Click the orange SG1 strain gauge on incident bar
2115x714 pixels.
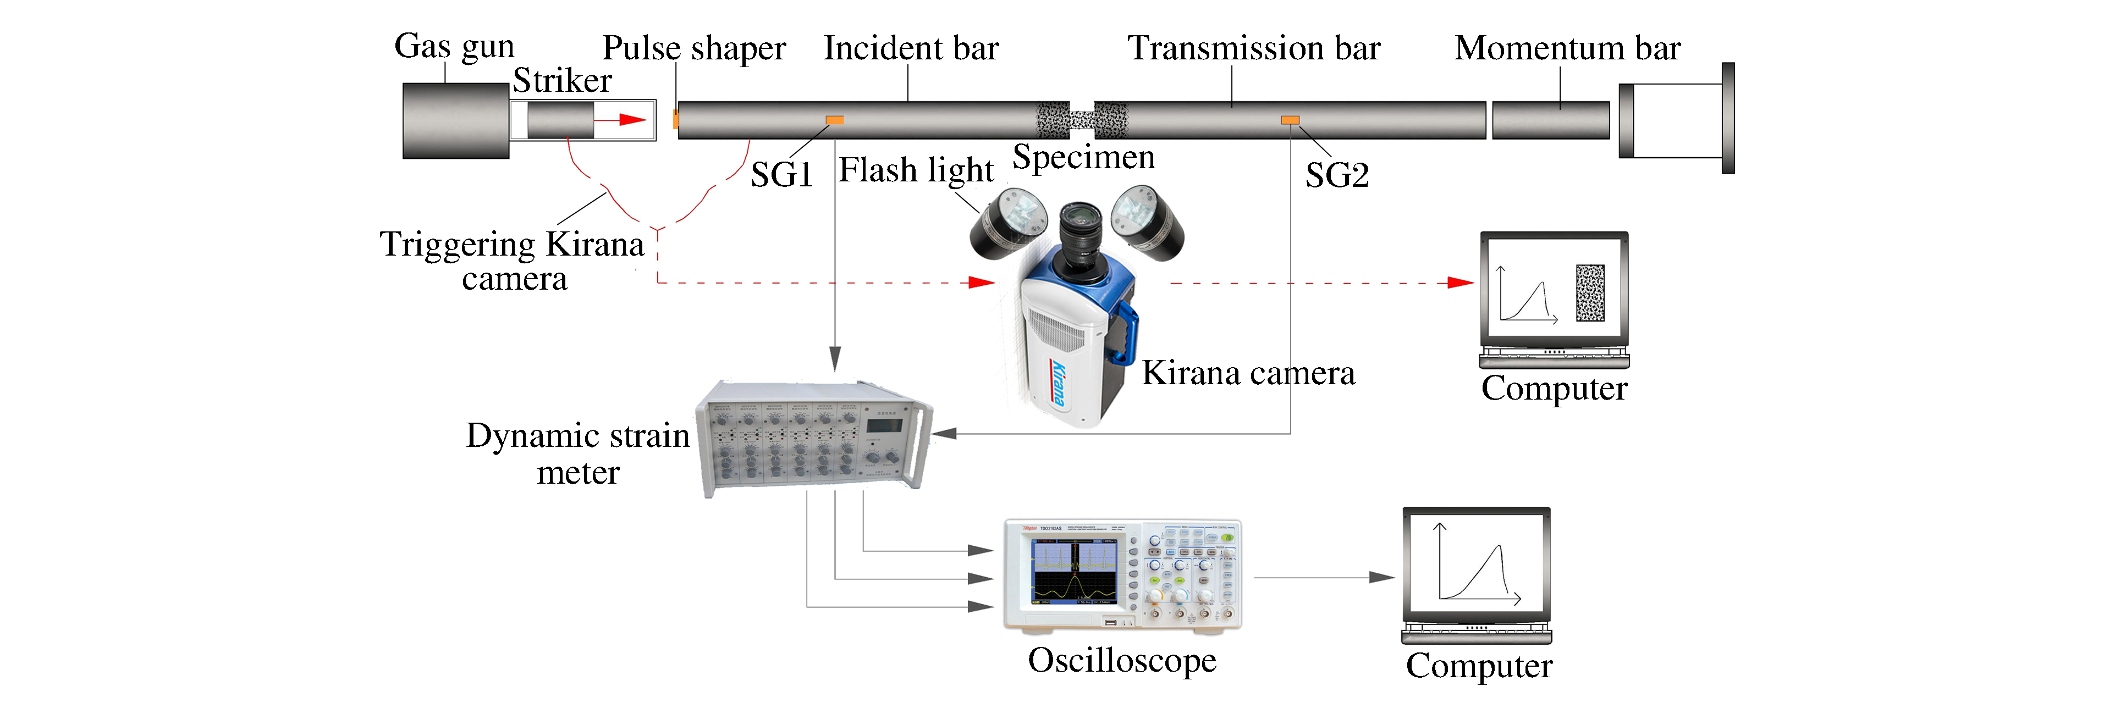click(834, 120)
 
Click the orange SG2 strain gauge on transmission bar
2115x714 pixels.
click(1290, 120)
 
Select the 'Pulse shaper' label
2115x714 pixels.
click(694, 48)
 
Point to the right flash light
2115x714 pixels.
click(1148, 222)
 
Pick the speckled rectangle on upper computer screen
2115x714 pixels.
click(1589, 292)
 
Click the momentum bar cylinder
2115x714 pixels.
click(1550, 120)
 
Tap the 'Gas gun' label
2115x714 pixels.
click(454, 47)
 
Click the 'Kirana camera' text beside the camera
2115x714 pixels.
click(1248, 373)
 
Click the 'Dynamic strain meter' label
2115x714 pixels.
click(578, 453)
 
